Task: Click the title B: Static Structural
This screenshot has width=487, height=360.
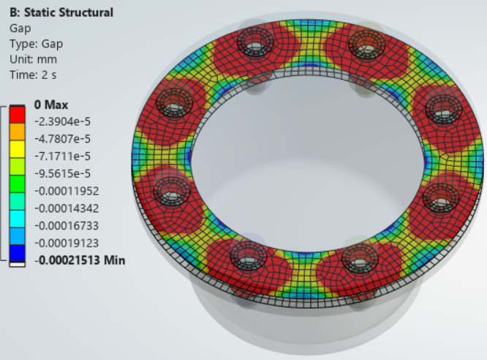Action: coord(61,12)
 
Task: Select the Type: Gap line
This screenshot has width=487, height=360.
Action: coord(36,44)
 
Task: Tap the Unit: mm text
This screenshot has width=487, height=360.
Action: coord(33,59)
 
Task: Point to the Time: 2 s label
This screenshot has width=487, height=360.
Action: coord(33,75)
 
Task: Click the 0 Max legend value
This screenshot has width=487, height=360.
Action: coord(51,105)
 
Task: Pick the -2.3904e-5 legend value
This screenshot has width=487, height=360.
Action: coord(62,121)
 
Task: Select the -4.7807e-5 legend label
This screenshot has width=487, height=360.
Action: coord(62,138)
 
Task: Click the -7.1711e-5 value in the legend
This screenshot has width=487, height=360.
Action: coord(62,156)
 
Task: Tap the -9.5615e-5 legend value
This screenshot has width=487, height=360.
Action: coord(62,173)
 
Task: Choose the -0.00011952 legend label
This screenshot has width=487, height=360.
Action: coord(67,191)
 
